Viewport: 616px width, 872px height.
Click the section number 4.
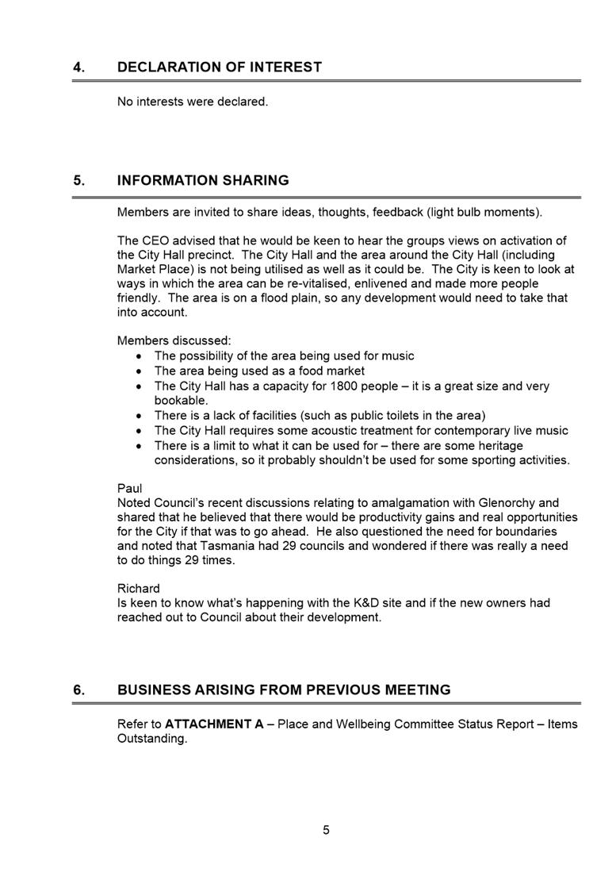pos(78,67)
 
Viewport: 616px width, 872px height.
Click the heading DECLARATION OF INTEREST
pos(220,67)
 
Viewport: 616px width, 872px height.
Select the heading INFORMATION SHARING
pos(203,181)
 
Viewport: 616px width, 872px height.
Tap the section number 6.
pos(78,690)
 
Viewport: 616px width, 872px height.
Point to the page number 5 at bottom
pos(326,830)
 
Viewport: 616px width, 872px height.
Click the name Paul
pos(129,489)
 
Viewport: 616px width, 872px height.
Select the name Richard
pos(139,589)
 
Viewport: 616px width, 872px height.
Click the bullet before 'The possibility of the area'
pos(140,356)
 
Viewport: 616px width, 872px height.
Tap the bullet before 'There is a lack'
pos(140,416)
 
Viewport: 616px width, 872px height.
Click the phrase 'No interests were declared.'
pos(193,102)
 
